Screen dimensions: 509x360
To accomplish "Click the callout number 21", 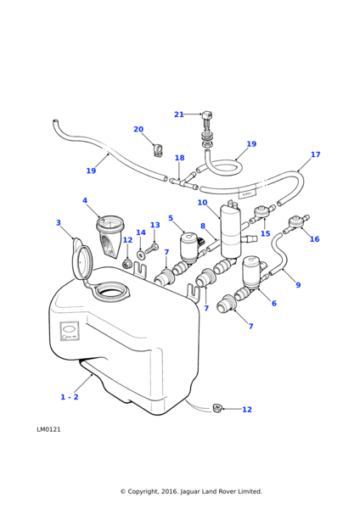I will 178,115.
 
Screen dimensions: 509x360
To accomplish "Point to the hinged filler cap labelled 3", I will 82,262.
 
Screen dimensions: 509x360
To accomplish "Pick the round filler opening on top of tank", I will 111,293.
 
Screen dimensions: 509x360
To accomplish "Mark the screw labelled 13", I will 151,249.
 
